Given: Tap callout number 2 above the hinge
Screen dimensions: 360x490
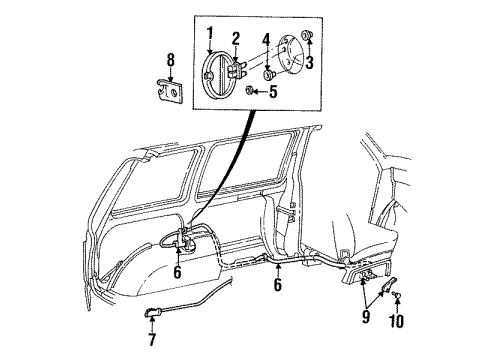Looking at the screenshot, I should pyautogui.click(x=235, y=39).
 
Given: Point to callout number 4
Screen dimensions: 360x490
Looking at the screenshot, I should pyautogui.click(x=265, y=41).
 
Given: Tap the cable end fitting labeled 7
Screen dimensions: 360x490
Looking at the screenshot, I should pyautogui.click(x=150, y=313).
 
